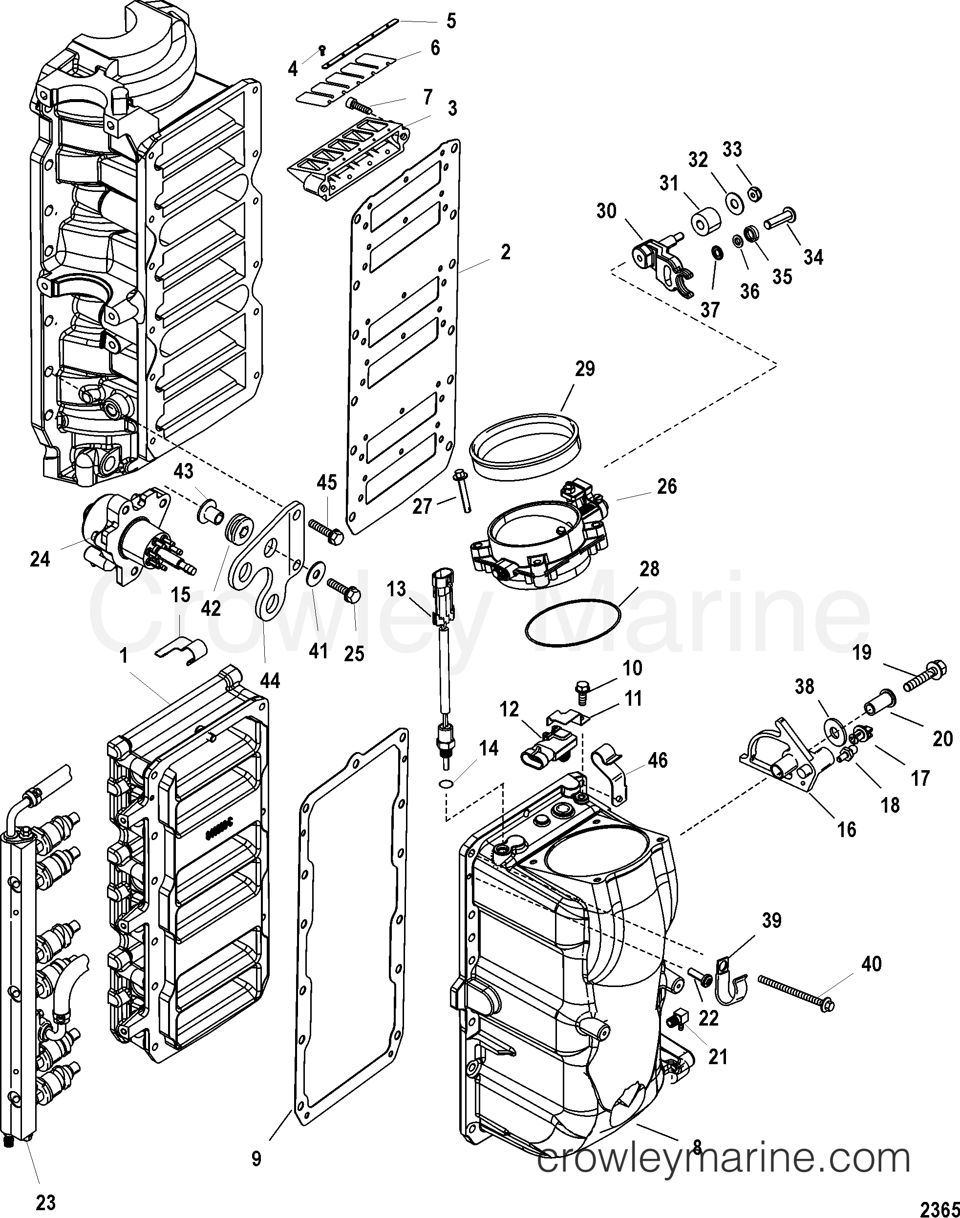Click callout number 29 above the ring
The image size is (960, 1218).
pos(584,369)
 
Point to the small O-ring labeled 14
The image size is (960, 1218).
pos(446,784)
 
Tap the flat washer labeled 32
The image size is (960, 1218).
pos(733,201)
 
